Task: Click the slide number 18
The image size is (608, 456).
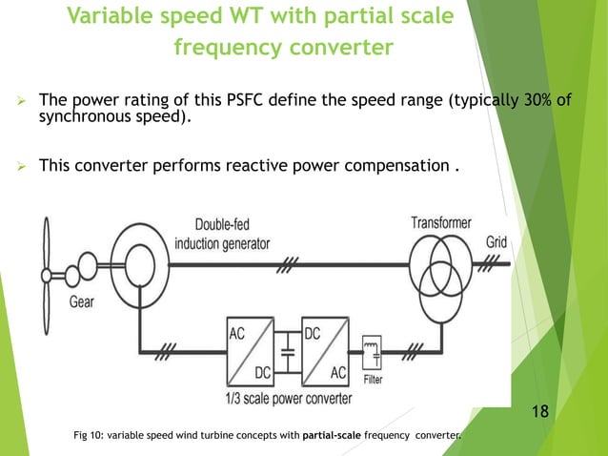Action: pyautogui.click(x=540, y=411)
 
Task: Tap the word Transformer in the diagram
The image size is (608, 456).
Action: pyautogui.click(x=441, y=223)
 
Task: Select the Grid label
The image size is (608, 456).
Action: pyautogui.click(x=497, y=242)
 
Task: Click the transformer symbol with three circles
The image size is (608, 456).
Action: pyautogui.click(x=439, y=268)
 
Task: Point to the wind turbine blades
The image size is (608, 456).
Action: pyautogui.click(x=44, y=272)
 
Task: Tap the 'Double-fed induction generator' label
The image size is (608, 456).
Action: pyautogui.click(x=222, y=235)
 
